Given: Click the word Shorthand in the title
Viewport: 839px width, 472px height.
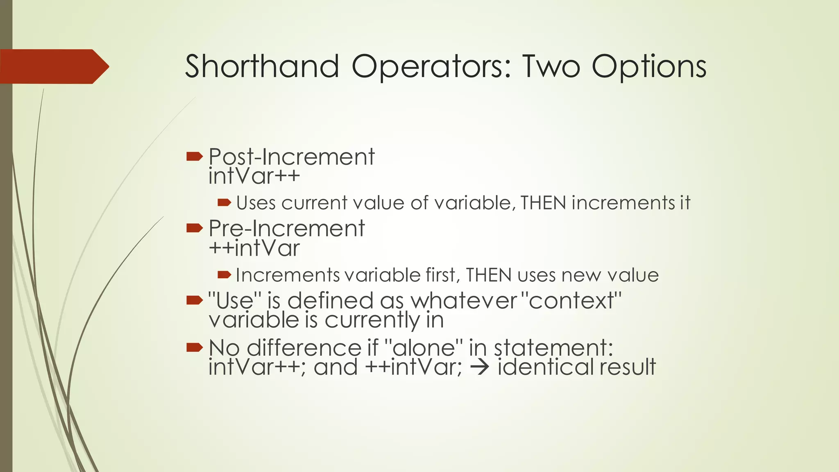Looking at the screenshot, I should pyautogui.click(x=262, y=66).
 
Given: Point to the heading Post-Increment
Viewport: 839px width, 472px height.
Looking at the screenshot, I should pyautogui.click(x=291, y=157).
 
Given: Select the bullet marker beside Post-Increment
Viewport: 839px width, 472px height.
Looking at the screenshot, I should pyautogui.click(x=195, y=156).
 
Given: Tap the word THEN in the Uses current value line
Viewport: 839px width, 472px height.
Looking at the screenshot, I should pyautogui.click(x=543, y=203).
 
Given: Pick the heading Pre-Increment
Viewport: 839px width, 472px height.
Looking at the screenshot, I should pyautogui.click(x=286, y=229).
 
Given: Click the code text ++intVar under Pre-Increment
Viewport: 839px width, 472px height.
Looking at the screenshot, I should pyautogui.click(x=254, y=248).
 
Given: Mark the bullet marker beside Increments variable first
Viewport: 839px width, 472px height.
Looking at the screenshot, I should pyautogui.click(x=224, y=275).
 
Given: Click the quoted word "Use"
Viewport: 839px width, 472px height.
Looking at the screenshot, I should pyautogui.click(x=235, y=300).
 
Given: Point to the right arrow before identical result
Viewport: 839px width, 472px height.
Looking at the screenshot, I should pyautogui.click(x=479, y=367).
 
